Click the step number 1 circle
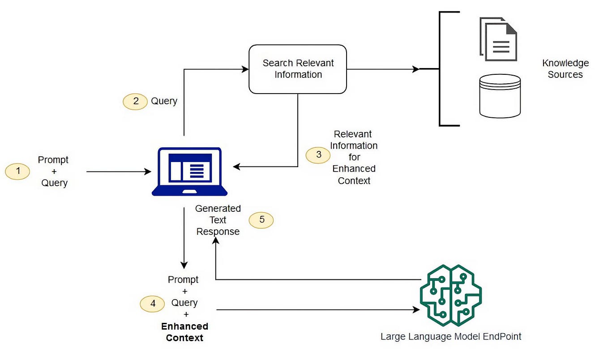pyautogui.click(x=17, y=171)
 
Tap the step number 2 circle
pyautogui.click(x=135, y=101)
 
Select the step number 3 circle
pyautogui.click(x=318, y=155)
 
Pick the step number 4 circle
pyautogui.click(x=152, y=303)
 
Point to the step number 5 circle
pyautogui.click(x=261, y=220)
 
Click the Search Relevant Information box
pyautogui.click(x=298, y=69)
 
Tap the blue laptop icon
pyautogui.click(x=189, y=171)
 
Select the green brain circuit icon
pyautogui.click(x=450, y=296)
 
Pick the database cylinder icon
pyautogui.click(x=500, y=96)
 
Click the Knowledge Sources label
pyautogui.click(x=565, y=69)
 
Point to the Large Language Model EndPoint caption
pyautogui.click(x=451, y=336)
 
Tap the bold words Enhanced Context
pyautogui.click(x=184, y=332)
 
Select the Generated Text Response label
pyautogui.click(x=218, y=220)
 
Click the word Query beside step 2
pyautogui.click(x=164, y=101)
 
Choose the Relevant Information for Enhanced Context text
pyautogui.click(x=354, y=157)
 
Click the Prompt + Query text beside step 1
pyautogui.click(x=54, y=171)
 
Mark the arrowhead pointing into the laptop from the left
pyautogui.click(x=148, y=171)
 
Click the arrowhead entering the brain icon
pyautogui.click(x=416, y=309)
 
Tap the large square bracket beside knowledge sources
pyautogui.click(x=441, y=69)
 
